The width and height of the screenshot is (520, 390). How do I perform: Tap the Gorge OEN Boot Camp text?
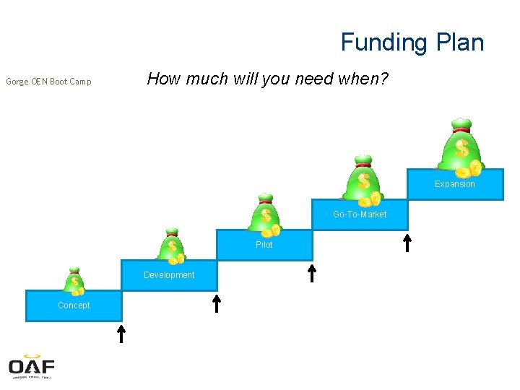click(x=48, y=82)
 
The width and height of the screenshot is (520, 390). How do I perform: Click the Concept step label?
click(x=74, y=305)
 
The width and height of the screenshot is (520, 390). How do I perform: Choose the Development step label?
click(x=169, y=275)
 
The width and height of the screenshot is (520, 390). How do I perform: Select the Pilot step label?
click(x=264, y=245)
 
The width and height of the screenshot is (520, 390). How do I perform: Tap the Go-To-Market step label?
click(x=360, y=214)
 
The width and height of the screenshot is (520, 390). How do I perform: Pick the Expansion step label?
click(x=455, y=184)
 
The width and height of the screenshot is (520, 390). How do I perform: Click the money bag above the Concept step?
click(x=74, y=281)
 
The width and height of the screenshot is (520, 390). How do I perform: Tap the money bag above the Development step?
click(x=172, y=247)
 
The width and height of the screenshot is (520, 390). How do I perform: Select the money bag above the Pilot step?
click(x=266, y=216)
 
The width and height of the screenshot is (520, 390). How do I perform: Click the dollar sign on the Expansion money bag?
click(x=461, y=149)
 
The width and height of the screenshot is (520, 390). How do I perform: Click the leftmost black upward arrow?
click(x=121, y=333)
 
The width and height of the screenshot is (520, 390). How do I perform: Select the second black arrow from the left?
click(x=217, y=303)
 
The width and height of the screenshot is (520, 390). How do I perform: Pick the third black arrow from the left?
click(x=312, y=272)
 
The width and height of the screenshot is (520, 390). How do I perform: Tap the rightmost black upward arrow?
click(x=407, y=242)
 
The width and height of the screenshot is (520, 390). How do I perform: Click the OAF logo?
click(x=32, y=366)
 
